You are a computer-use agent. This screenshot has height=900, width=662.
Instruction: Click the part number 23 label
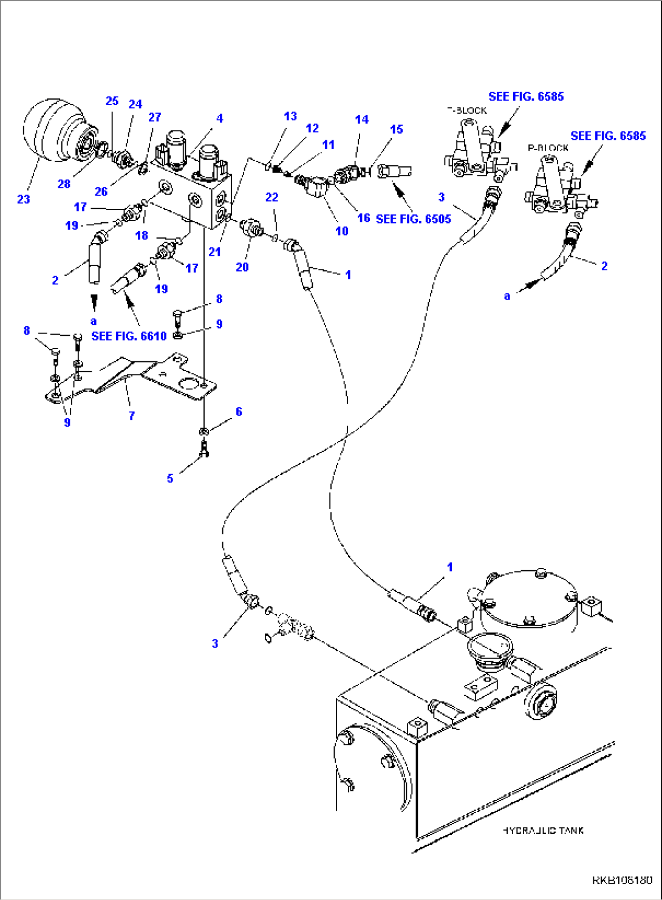point(23,199)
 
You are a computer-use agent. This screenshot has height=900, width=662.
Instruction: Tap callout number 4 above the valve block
point(219,118)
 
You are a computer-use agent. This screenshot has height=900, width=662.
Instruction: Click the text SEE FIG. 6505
point(413,219)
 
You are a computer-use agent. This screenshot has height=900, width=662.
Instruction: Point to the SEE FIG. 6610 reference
point(129,336)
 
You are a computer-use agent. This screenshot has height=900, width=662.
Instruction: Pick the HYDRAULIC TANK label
point(543,830)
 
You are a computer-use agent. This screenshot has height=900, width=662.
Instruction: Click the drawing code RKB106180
point(623,880)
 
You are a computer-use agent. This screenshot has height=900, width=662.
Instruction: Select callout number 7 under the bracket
point(131,416)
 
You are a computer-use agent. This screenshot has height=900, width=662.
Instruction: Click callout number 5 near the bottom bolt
point(170,479)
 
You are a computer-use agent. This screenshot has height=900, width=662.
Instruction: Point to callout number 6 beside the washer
point(239,412)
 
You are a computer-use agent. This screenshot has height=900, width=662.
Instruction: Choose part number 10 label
point(341,231)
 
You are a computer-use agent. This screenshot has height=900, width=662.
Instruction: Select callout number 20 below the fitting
point(242,267)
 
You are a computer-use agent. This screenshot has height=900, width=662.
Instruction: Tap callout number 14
point(361,120)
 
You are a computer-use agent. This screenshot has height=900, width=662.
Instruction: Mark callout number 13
point(290,116)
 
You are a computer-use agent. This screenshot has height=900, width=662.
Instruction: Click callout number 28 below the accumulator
point(64,183)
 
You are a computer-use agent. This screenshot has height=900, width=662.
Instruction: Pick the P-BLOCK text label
point(548,148)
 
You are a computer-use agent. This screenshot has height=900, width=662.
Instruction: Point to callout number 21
point(214,251)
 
